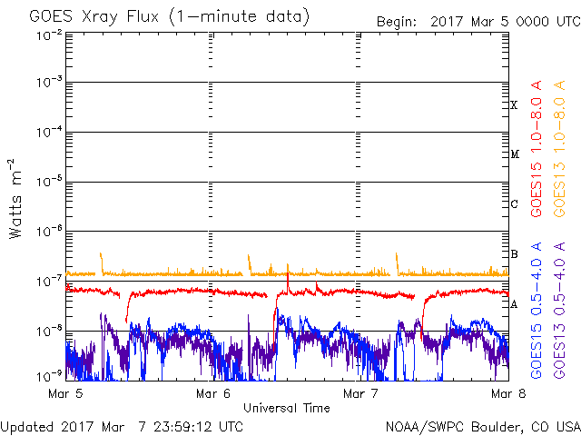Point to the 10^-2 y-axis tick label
click(49, 35)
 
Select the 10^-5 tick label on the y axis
click(49, 182)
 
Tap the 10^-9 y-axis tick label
click(49, 373)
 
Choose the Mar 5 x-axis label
click(66, 393)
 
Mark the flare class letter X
click(514, 105)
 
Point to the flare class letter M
click(514, 154)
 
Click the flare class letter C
click(514, 204)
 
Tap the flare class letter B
click(514, 254)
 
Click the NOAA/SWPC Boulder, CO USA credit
click(482, 425)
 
